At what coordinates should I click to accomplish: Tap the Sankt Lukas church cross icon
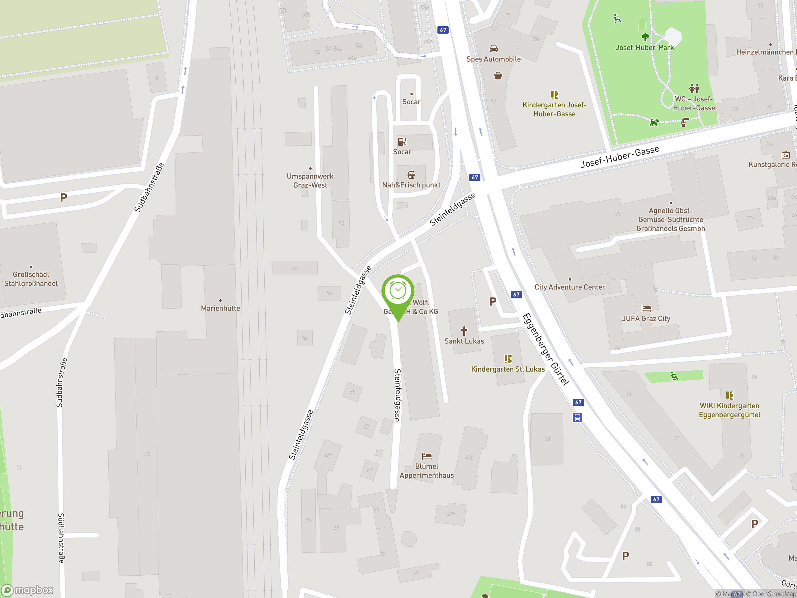(x=464, y=330)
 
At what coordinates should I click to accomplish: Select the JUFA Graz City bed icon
(x=646, y=308)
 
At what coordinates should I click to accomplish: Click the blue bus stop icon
(x=577, y=417)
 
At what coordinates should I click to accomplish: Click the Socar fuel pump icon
(x=402, y=141)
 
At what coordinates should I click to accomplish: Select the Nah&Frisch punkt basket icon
(x=411, y=175)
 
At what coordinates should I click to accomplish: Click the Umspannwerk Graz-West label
(x=310, y=181)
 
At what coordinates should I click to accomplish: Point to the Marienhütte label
(x=220, y=308)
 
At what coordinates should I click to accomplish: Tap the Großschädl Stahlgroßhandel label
(x=31, y=279)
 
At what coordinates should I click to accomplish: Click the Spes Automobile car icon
(x=494, y=49)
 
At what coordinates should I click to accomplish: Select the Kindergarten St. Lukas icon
(x=508, y=359)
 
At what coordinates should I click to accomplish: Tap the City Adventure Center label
(x=569, y=287)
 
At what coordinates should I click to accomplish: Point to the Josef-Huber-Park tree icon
(x=645, y=37)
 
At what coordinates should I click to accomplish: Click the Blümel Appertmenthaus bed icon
(x=427, y=456)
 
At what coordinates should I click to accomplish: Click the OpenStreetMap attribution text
(x=771, y=594)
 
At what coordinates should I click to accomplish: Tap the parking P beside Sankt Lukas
(x=493, y=302)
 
